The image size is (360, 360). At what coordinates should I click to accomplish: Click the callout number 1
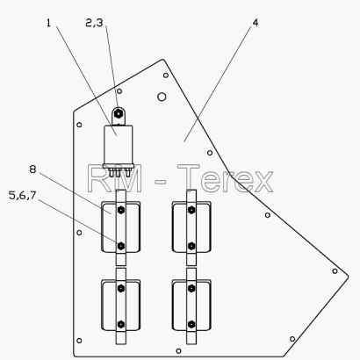click(48, 23)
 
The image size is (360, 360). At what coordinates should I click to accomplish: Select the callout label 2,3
click(94, 23)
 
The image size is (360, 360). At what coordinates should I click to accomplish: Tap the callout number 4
click(256, 23)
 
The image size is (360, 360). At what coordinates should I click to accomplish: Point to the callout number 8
click(32, 169)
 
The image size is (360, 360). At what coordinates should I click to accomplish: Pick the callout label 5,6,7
click(23, 195)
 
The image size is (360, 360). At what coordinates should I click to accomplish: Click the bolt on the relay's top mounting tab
click(118, 113)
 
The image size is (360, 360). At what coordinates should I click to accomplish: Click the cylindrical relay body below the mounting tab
click(119, 145)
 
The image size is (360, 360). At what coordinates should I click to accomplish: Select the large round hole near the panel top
click(162, 97)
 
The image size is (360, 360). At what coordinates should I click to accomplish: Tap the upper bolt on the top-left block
click(120, 210)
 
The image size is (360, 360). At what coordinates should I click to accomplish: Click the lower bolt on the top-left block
click(120, 246)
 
